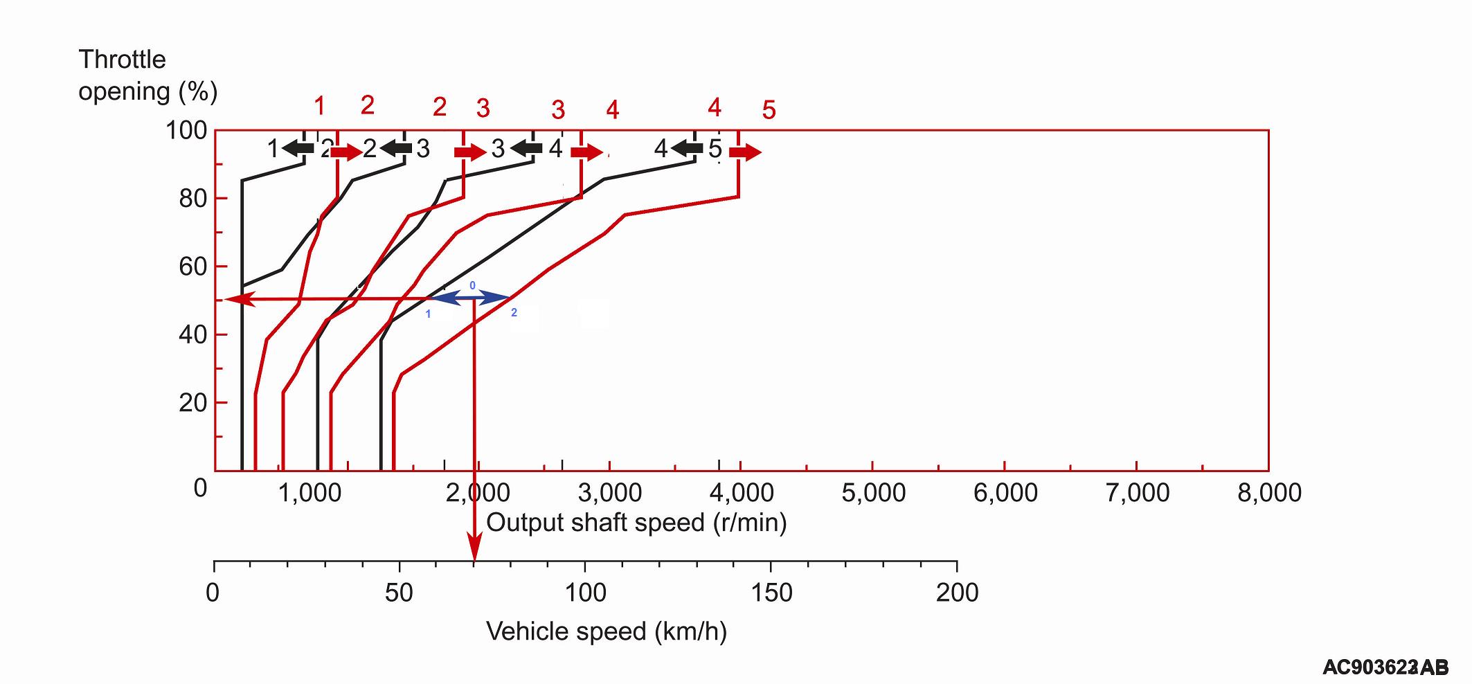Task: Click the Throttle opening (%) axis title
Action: pyautogui.click(x=147, y=75)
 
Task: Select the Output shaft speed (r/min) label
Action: pyautogui.click(x=636, y=522)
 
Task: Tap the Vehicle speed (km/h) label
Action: pyautogui.click(x=607, y=631)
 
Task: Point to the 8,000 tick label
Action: pyautogui.click(x=1269, y=493)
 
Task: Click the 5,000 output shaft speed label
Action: pyautogui.click(x=873, y=493)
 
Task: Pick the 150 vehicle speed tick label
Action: pyautogui.click(x=771, y=593)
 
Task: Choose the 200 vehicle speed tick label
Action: pyautogui.click(x=957, y=593)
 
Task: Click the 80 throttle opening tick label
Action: pyautogui.click(x=192, y=199)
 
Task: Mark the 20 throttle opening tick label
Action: pyautogui.click(x=192, y=403)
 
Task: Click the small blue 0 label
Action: pyautogui.click(x=473, y=285)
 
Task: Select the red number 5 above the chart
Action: pyautogui.click(x=769, y=110)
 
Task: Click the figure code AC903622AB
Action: pyautogui.click(x=1385, y=667)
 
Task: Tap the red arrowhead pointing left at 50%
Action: pyautogui.click(x=235, y=299)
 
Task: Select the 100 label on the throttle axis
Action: pyautogui.click(x=186, y=130)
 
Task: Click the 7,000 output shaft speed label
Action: pyautogui.click(x=1138, y=493)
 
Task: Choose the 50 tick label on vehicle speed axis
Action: pyautogui.click(x=399, y=593)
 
